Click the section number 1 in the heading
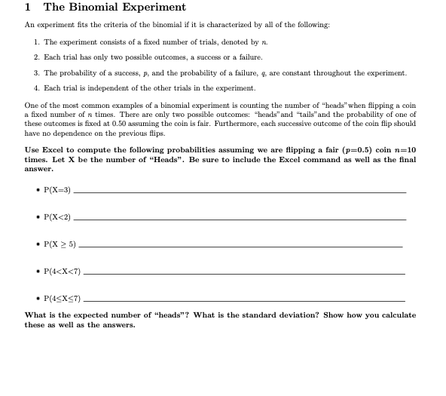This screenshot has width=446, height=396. click(x=27, y=8)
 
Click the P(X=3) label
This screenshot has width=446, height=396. click(x=58, y=190)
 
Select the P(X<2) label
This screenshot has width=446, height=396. click(x=58, y=217)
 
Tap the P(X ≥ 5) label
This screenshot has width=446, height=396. click(x=60, y=244)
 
